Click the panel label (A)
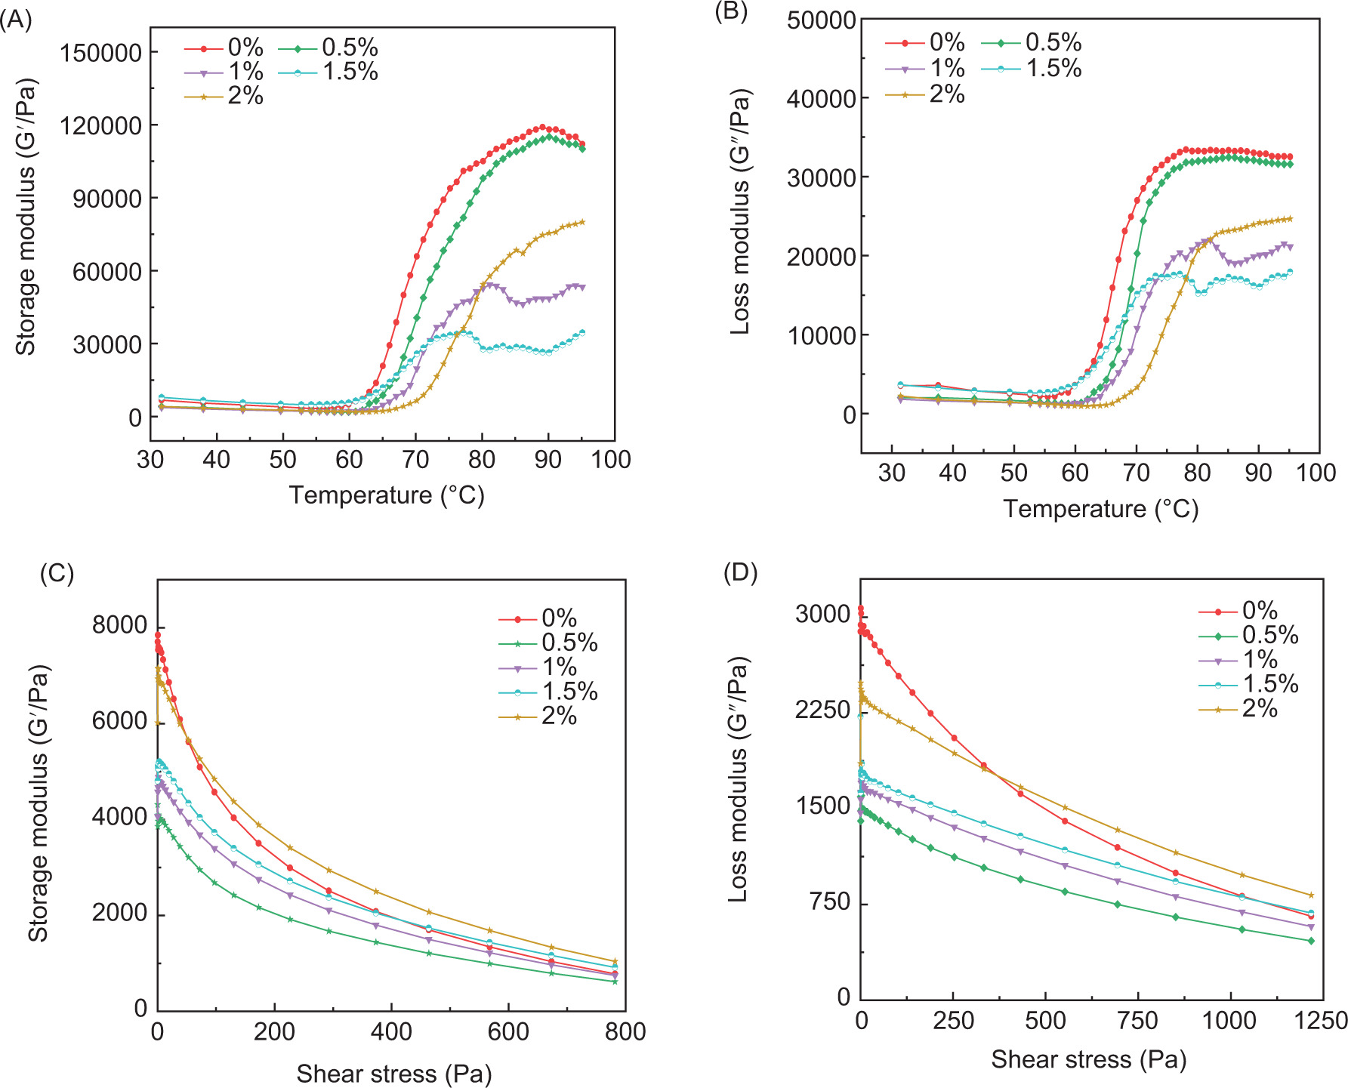tap(16, 20)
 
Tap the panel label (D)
tap(740, 572)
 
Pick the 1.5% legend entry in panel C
tap(548, 691)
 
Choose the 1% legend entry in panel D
tap(1238, 659)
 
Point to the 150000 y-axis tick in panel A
tap(101, 52)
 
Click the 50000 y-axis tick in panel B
tap(821, 20)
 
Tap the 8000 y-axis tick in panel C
tap(119, 624)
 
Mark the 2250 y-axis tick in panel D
tap(822, 710)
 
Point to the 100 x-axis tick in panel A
tap(611, 459)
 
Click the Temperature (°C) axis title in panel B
tap(1100, 508)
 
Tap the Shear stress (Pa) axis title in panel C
tap(393, 1073)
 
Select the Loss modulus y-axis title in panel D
tap(738, 779)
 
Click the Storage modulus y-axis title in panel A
tap(26, 217)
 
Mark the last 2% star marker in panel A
tap(582, 222)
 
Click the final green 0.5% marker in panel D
tap(1311, 941)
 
